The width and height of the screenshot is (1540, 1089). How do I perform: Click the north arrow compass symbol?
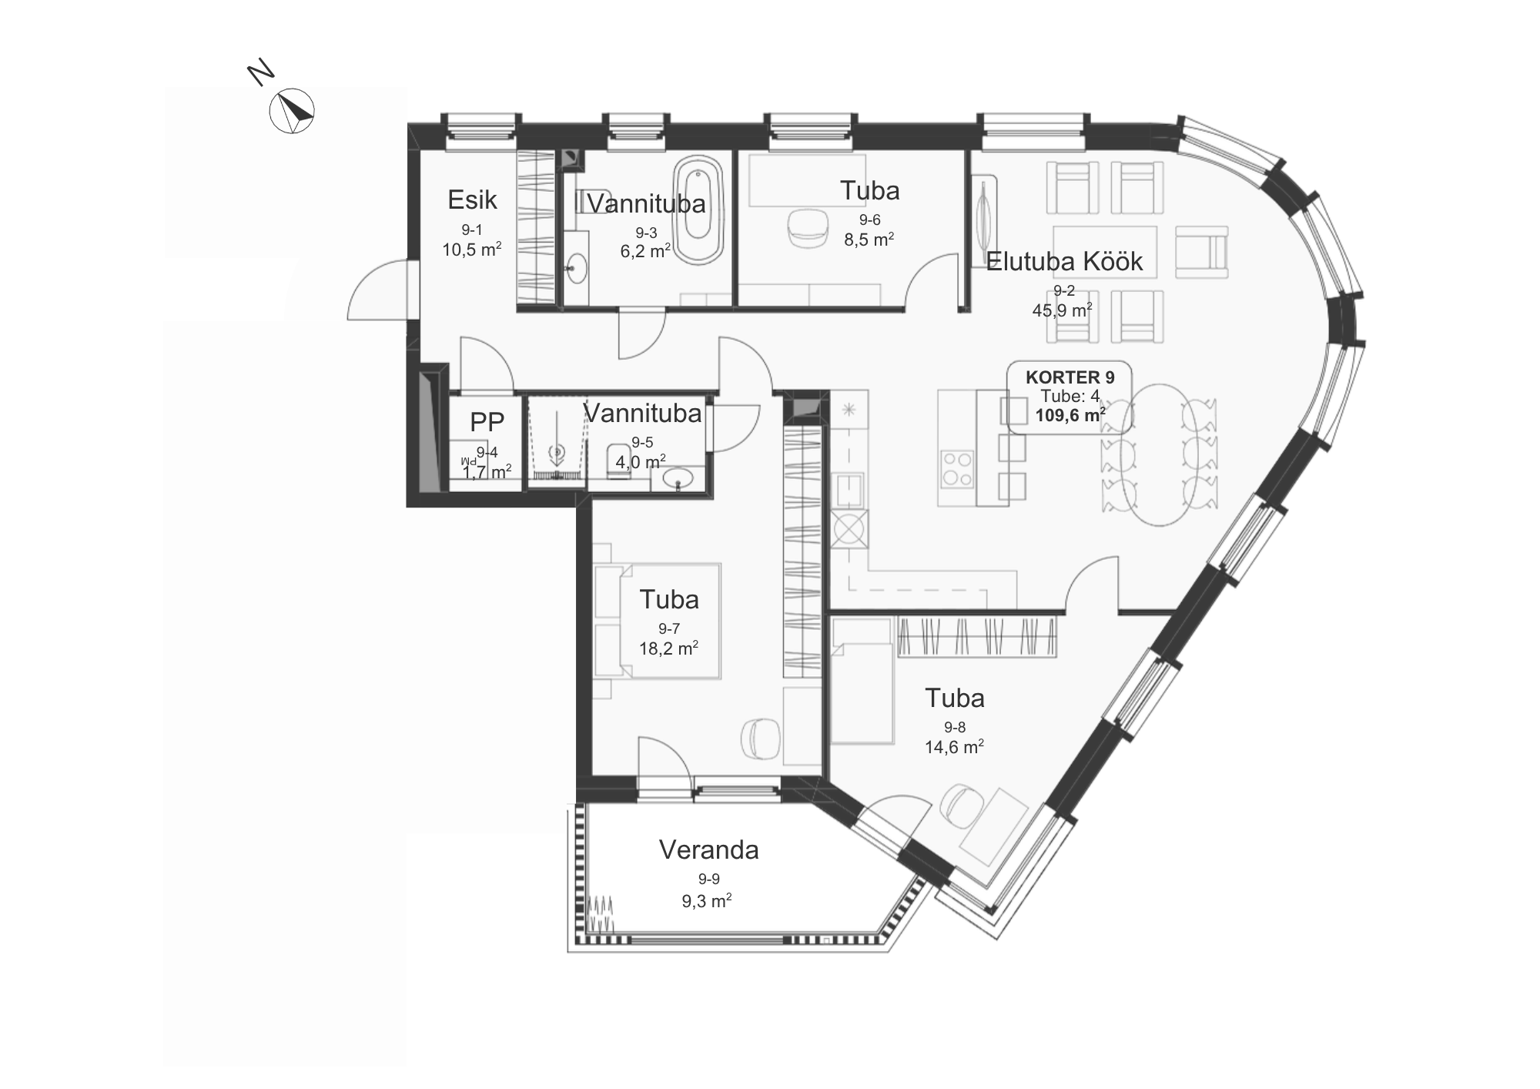[292, 111]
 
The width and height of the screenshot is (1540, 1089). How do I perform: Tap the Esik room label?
[472, 200]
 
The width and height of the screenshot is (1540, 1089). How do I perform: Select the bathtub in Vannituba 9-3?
[699, 209]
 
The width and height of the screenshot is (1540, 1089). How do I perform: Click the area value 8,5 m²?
[869, 240]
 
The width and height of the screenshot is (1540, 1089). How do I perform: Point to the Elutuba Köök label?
[1064, 262]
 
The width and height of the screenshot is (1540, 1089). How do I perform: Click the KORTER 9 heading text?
[1070, 377]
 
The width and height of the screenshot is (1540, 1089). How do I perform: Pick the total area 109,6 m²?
[1070, 416]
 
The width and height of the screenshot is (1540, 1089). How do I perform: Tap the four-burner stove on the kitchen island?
[957, 468]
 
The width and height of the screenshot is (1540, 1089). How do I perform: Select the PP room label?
[487, 421]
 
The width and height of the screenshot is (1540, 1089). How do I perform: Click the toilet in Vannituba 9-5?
[618, 461]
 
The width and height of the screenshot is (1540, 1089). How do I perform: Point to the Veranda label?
[708, 850]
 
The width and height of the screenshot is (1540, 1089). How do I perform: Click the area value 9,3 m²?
[706, 901]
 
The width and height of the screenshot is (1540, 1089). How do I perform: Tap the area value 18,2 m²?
[668, 648]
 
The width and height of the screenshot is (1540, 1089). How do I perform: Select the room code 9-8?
[954, 728]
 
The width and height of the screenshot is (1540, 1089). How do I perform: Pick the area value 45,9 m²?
[1062, 310]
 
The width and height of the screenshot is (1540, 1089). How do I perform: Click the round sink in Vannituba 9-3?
[574, 269]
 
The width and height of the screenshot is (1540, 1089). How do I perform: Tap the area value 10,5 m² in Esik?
[471, 250]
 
